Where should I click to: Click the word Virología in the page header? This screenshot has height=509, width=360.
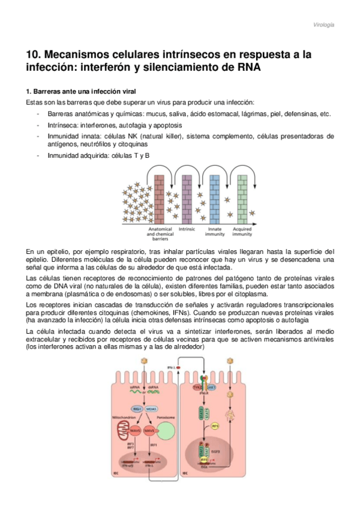[x=324, y=25]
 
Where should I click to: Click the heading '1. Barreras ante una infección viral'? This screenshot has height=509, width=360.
[x=81, y=92]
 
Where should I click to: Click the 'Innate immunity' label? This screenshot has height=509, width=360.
[x=215, y=231]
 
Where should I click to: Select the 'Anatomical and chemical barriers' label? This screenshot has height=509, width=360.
[x=160, y=234]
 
